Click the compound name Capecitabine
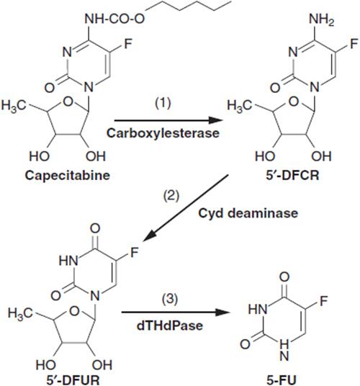click(68, 176)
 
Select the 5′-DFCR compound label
click(292, 175)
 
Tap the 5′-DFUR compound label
click(73, 380)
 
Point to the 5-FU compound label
click(282, 380)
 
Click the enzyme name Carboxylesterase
click(163, 133)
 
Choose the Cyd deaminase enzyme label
click(248, 213)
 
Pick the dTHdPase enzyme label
click(170, 326)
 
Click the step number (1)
click(163, 103)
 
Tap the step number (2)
click(171, 196)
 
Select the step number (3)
click(170, 299)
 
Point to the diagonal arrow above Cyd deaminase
click(186, 208)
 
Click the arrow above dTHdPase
click(175, 313)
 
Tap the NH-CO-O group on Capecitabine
click(114, 19)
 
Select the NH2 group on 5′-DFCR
click(322, 19)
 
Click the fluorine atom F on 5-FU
click(323, 301)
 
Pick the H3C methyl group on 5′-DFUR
click(20, 313)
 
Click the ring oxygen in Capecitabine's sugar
click(68, 102)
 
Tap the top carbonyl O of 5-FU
click(284, 277)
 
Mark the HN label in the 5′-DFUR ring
click(68, 261)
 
